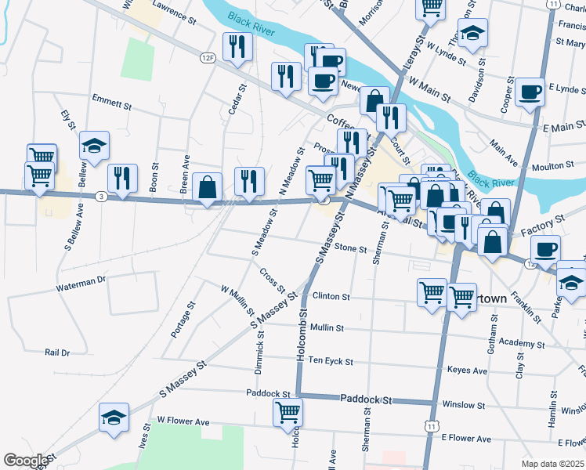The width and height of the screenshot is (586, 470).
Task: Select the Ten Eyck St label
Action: (331, 361)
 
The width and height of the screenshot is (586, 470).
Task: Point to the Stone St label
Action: (350, 248)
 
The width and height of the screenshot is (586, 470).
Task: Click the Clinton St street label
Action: (330, 297)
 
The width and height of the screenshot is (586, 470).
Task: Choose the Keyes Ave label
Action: (467, 371)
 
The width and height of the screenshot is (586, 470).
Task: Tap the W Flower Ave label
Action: (183, 421)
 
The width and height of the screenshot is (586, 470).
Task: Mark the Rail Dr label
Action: (57, 352)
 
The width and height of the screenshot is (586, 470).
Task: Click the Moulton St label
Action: (552, 166)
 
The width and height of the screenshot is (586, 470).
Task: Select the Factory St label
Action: (542, 226)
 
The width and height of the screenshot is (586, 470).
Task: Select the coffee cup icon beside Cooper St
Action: (530, 91)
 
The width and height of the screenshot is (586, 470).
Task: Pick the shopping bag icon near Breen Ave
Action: (207, 187)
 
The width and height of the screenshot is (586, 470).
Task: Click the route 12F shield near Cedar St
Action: (207, 58)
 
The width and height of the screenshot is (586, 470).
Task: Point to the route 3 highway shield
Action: (101, 196)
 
